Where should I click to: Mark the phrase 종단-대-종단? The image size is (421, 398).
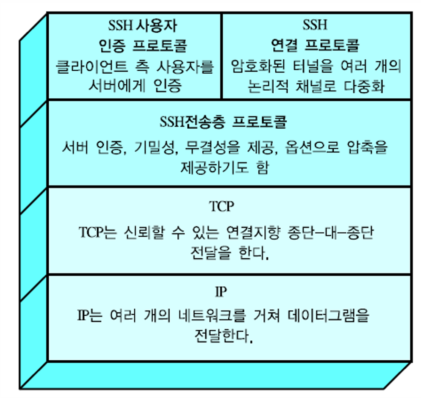(332, 233)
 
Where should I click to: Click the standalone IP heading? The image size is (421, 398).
(221, 292)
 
